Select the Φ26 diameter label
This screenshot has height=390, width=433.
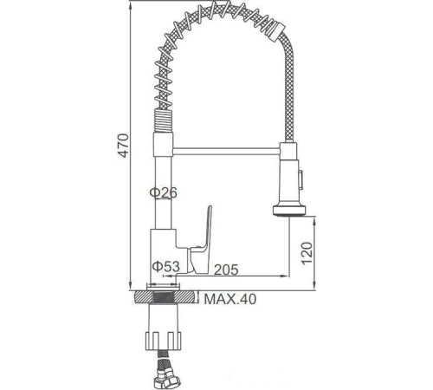[164, 193]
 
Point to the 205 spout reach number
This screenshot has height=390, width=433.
[228, 269]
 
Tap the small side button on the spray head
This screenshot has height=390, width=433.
[302, 179]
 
